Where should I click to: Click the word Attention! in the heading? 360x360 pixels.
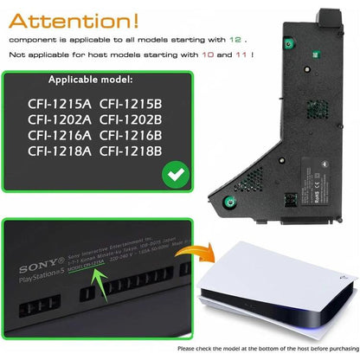[94, 18]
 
